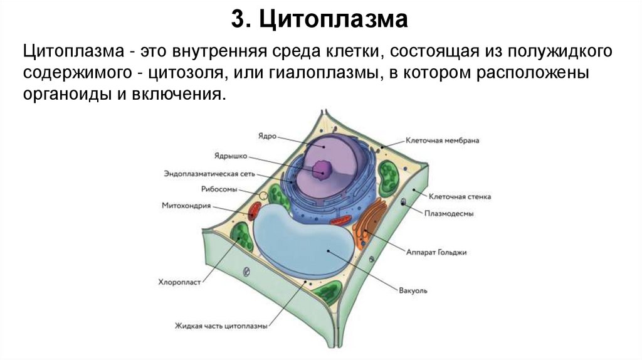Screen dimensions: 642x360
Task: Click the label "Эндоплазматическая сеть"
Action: pos(209,173)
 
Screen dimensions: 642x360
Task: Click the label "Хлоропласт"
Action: pos(179,283)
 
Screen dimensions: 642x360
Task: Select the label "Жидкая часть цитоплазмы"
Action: pos(221,326)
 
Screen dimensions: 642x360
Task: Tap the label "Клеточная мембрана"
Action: pos(442,140)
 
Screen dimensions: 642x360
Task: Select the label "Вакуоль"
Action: pos(413,291)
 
